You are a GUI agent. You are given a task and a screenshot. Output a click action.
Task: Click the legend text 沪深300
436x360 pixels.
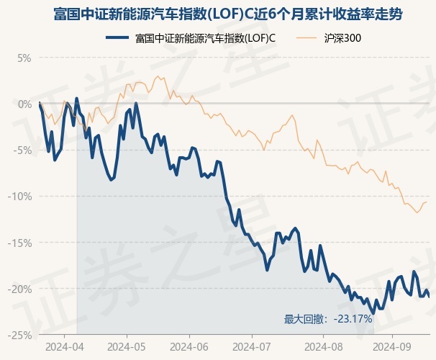343,37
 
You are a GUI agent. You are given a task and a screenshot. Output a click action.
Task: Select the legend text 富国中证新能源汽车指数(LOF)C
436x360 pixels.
206,37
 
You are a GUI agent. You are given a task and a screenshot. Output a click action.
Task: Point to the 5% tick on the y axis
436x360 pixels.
24,58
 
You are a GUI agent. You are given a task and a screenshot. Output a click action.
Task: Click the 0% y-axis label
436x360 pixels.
24,104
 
